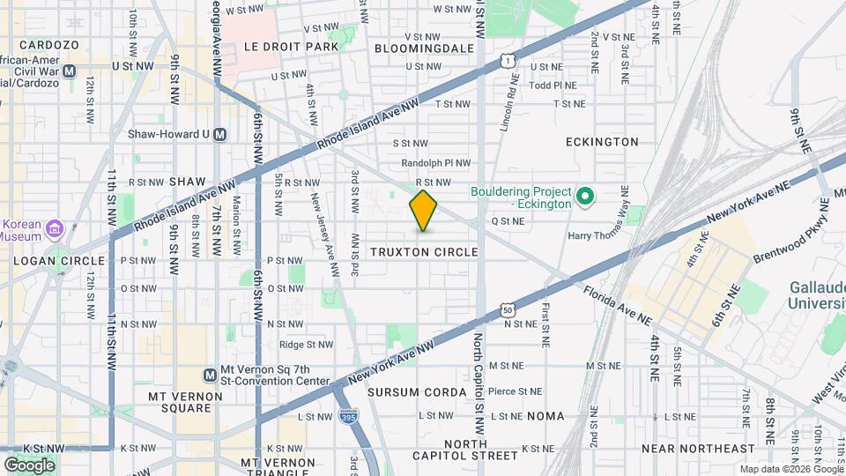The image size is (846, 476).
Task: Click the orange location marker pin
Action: tap(424, 211)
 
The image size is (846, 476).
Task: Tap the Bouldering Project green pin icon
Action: tap(583, 195)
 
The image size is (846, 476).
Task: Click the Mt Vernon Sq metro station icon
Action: tap(210, 375)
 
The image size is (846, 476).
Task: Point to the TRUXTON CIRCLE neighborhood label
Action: tap(424, 252)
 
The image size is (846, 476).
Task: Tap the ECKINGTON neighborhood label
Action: tap(602, 141)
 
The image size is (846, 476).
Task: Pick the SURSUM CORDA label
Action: tap(417, 391)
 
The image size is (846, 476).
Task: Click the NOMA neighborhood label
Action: tap(545, 415)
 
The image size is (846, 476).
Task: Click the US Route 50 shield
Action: tap(507, 309)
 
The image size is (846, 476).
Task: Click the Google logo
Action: tap(30, 465)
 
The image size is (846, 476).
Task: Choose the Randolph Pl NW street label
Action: tap(436, 163)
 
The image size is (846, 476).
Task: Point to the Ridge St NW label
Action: tap(307, 345)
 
